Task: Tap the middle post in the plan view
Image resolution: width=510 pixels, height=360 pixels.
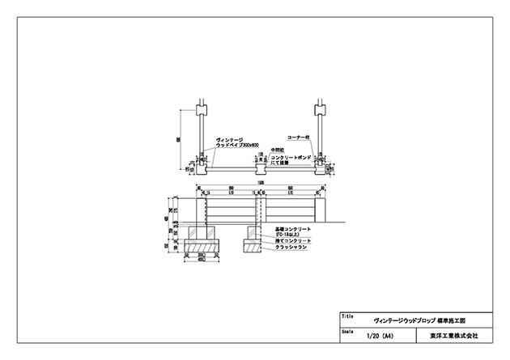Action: pyautogui.click(x=260, y=167)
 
